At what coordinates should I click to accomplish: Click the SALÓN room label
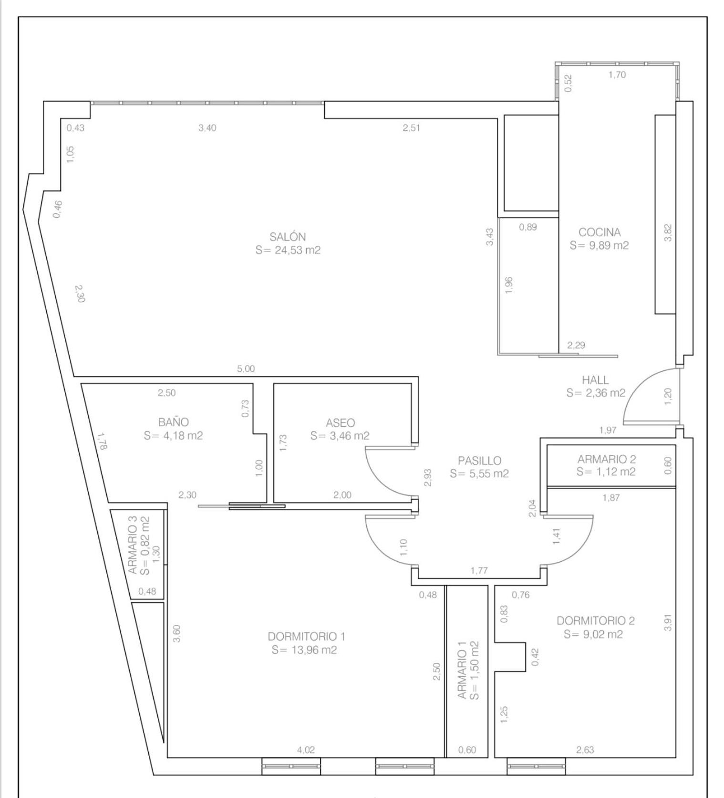click(288, 237)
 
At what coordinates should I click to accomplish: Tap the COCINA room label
click(600, 232)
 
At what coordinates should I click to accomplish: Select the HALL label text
click(595, 380)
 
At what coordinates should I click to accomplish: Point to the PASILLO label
click(479, 461)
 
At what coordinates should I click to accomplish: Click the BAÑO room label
click(174, 422)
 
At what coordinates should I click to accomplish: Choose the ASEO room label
click(340, 423)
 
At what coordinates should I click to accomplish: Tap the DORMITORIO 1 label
click(306, 636)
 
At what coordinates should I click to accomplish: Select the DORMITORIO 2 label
click(596, 620)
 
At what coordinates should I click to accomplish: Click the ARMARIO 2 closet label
click(607, 459)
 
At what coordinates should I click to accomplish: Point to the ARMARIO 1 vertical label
click(462, 671)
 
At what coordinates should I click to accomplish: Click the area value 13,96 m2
click(304, 650)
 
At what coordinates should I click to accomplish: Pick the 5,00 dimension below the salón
click(246, 369)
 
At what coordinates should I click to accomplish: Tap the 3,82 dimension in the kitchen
click(668, 233)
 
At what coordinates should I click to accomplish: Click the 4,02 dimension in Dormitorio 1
click(306, 750)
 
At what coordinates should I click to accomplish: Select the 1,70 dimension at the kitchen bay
click(617, 74)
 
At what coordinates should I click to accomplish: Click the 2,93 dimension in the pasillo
click(428, 477)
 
